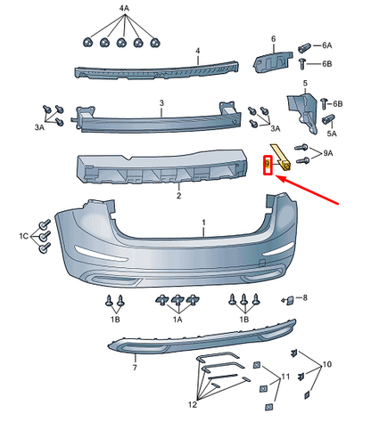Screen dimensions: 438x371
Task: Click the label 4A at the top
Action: pos(124,8)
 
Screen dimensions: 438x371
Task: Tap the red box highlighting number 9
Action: pos(267,166)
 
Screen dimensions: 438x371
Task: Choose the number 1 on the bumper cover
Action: pos(202,221)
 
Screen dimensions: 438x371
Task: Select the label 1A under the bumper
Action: pos(177,319)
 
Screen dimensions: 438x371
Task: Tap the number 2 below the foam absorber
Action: pos(178,196)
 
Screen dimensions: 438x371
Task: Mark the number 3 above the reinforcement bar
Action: pos(161,103)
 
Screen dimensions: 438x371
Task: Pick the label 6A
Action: pos(326,45)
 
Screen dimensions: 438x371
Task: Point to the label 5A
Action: pos(331,133)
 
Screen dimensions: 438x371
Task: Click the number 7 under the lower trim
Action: pos(135,367)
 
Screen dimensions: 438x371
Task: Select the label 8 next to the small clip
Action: pos(304,297)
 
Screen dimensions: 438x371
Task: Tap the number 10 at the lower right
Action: pos(326,365)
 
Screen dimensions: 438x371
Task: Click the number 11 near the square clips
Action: pos(285,378)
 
